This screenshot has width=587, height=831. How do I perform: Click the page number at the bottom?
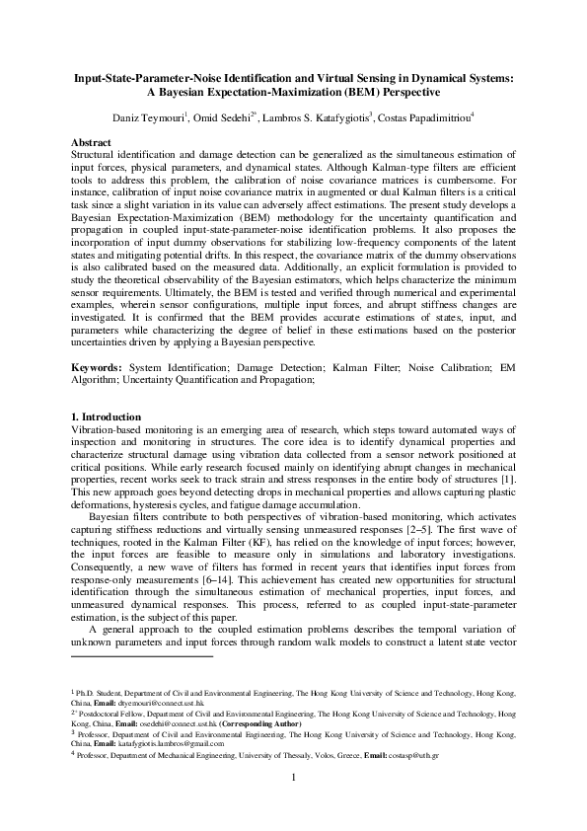click(294, 802)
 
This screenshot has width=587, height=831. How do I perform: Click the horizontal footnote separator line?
click(143, 654)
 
